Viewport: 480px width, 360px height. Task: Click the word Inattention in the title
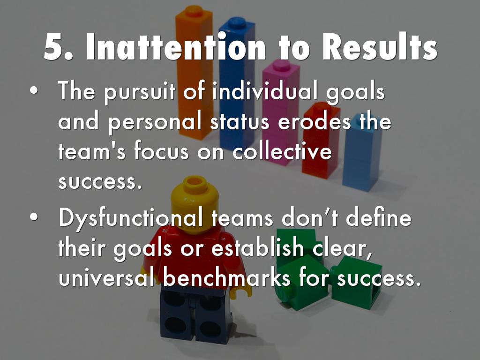click(176, 48)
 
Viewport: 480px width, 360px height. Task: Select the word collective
click(282, 152)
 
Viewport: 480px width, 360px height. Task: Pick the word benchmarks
click(227, 278)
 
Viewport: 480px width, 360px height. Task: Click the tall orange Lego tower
click(194, 70)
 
